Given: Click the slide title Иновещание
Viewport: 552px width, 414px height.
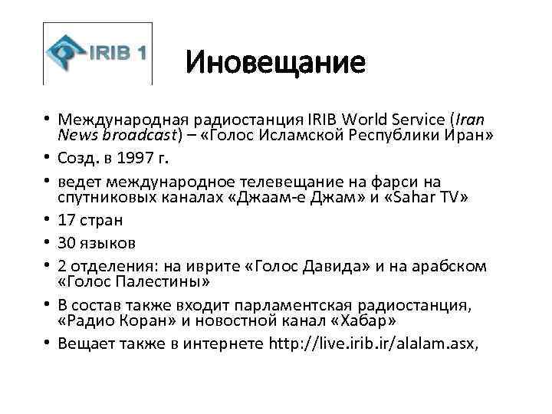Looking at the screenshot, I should coord(276,62).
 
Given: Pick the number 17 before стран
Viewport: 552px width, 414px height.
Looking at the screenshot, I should coord(67,220).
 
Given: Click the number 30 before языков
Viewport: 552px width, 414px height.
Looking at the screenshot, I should coord(68,243).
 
